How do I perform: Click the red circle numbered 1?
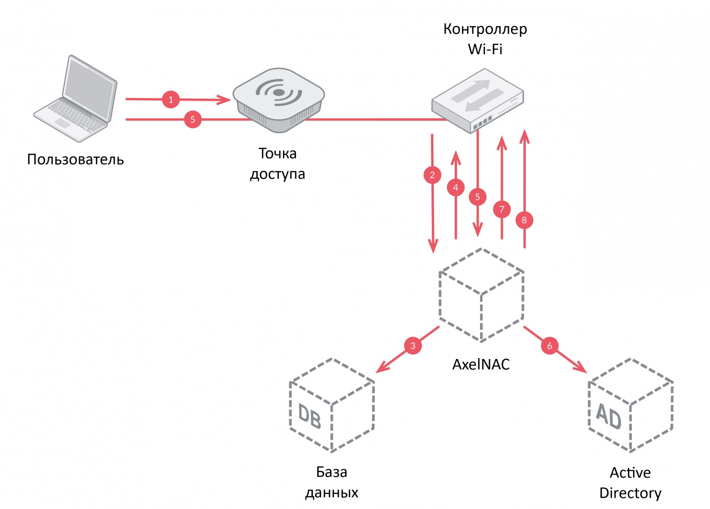pos(171,99)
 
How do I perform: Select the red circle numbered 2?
pos(432,175)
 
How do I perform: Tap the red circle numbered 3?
pos(413,346)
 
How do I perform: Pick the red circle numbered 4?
pos(456,187)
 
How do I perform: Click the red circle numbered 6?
pos(549,346)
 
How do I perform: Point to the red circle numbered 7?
pos(502,209)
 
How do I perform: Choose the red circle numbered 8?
pos(525,220)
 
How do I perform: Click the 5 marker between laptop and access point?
pos(193,119)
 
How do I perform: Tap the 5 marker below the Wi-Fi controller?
pos(477,197)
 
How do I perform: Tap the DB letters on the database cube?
pos(309,416)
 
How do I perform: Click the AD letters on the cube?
pos(608,416)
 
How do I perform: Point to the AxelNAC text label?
pos(481,364)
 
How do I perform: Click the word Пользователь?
pos(75,159)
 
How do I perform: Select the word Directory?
pos(630,493)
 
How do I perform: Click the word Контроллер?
pos(485,29)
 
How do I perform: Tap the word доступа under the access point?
pos(277,174)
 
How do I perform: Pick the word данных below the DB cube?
pos(331,493)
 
